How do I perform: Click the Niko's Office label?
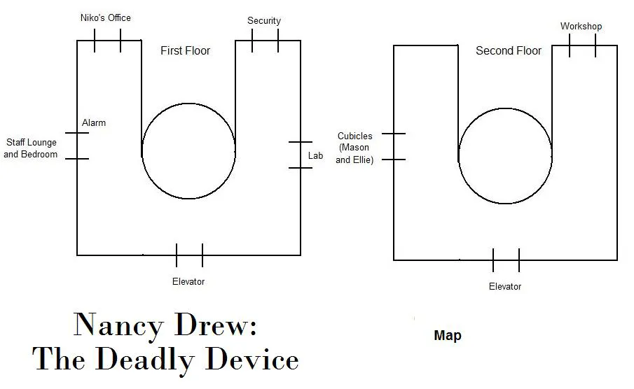(x=106, y=17)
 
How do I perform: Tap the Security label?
(x=264, y=20)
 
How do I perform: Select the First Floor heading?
(x=185, y=50)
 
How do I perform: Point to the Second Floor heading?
(x=509, y=50)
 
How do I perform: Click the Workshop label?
(x=581, y=27)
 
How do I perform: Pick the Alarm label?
(x=94, y=123)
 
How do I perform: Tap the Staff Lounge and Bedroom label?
(x=31, y=148)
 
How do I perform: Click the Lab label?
(x=315, y=155)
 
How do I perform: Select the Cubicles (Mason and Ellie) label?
(x=354, y=148)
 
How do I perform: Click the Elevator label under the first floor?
(x=188, y=281)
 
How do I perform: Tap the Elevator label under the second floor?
(x=505, y=286)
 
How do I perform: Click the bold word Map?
(x=448, y=335)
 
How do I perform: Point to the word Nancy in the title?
(x=118, y=325)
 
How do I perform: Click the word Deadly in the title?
(x=146, y=360)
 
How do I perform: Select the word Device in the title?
(x=252, y=359)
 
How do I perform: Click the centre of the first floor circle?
(x=188, y=151)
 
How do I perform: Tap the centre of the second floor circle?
(x=505, y=156)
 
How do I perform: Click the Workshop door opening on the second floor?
(x=583, y=45)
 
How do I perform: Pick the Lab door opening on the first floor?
(x=301, y=155)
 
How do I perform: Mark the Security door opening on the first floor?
(x=266, y=41)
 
